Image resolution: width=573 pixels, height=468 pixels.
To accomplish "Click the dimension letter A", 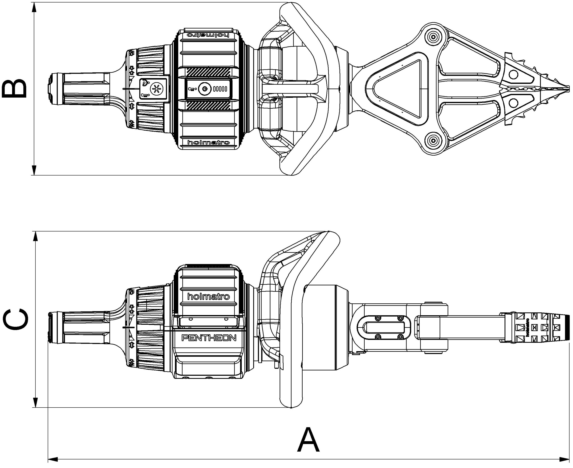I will click(x=308, y=440).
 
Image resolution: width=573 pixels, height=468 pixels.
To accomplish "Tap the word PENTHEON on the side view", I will click(x=209, y=338).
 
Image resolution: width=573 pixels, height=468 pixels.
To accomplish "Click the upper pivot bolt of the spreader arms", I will click(x=433, y=37).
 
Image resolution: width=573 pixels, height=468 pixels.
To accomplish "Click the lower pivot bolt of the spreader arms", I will click(x=433, y=140).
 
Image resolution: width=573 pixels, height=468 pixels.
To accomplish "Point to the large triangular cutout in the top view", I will click(x=399, y=88).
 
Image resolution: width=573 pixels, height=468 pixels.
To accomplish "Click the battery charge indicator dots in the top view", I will click(x=220, y=89).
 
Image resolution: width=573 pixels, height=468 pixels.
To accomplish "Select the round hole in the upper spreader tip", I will click(x=513, y=74).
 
